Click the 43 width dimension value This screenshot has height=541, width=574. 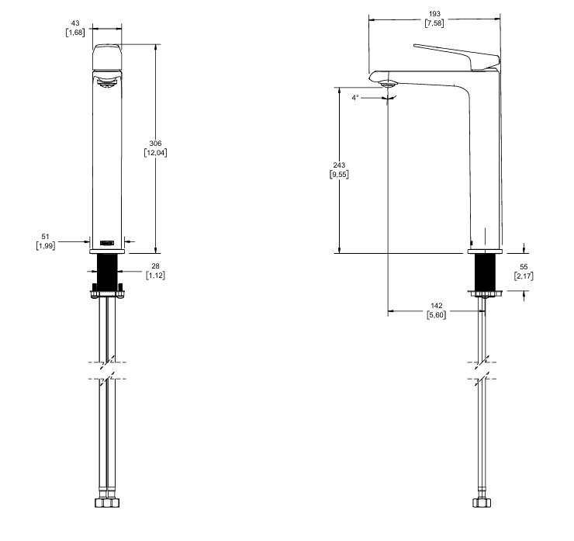click(x=75, y=23)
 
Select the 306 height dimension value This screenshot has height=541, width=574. click(x=155, y=144)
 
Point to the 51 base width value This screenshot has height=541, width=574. click(x=46, y=237)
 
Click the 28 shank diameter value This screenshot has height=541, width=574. click(x=155, y=266)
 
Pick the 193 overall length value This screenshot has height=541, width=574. click(x=434, y=14)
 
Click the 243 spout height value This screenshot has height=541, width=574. click(x=339, y=165)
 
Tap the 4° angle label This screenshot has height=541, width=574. click(x=355, y=98)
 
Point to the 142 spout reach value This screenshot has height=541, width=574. click(x=437, y=306)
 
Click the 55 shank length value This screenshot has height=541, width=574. click(x=524, y=267)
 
